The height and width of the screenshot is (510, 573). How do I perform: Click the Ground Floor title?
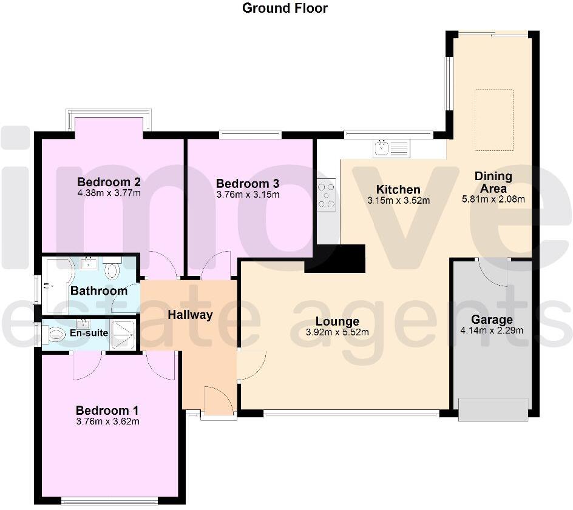tap(285, 8)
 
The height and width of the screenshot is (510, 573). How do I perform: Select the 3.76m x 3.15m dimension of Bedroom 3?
tap(248, 195)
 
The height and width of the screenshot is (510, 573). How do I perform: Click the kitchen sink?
tap(383, 147)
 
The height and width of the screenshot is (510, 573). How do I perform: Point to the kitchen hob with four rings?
tap(327, 195)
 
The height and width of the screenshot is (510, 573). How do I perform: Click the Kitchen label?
tap(398, 189)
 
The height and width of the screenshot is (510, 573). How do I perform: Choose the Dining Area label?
tap(493, 182)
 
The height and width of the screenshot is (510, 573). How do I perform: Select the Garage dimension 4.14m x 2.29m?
tap(492, 330)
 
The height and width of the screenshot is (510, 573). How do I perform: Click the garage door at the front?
tap(493, 409)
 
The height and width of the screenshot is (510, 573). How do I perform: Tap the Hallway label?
tap(191, 314)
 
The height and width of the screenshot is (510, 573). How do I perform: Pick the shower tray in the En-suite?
tap(124, 333)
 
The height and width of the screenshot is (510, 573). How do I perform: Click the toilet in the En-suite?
tap(55, 334)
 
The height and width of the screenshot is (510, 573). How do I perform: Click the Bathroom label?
tap(99, 290)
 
